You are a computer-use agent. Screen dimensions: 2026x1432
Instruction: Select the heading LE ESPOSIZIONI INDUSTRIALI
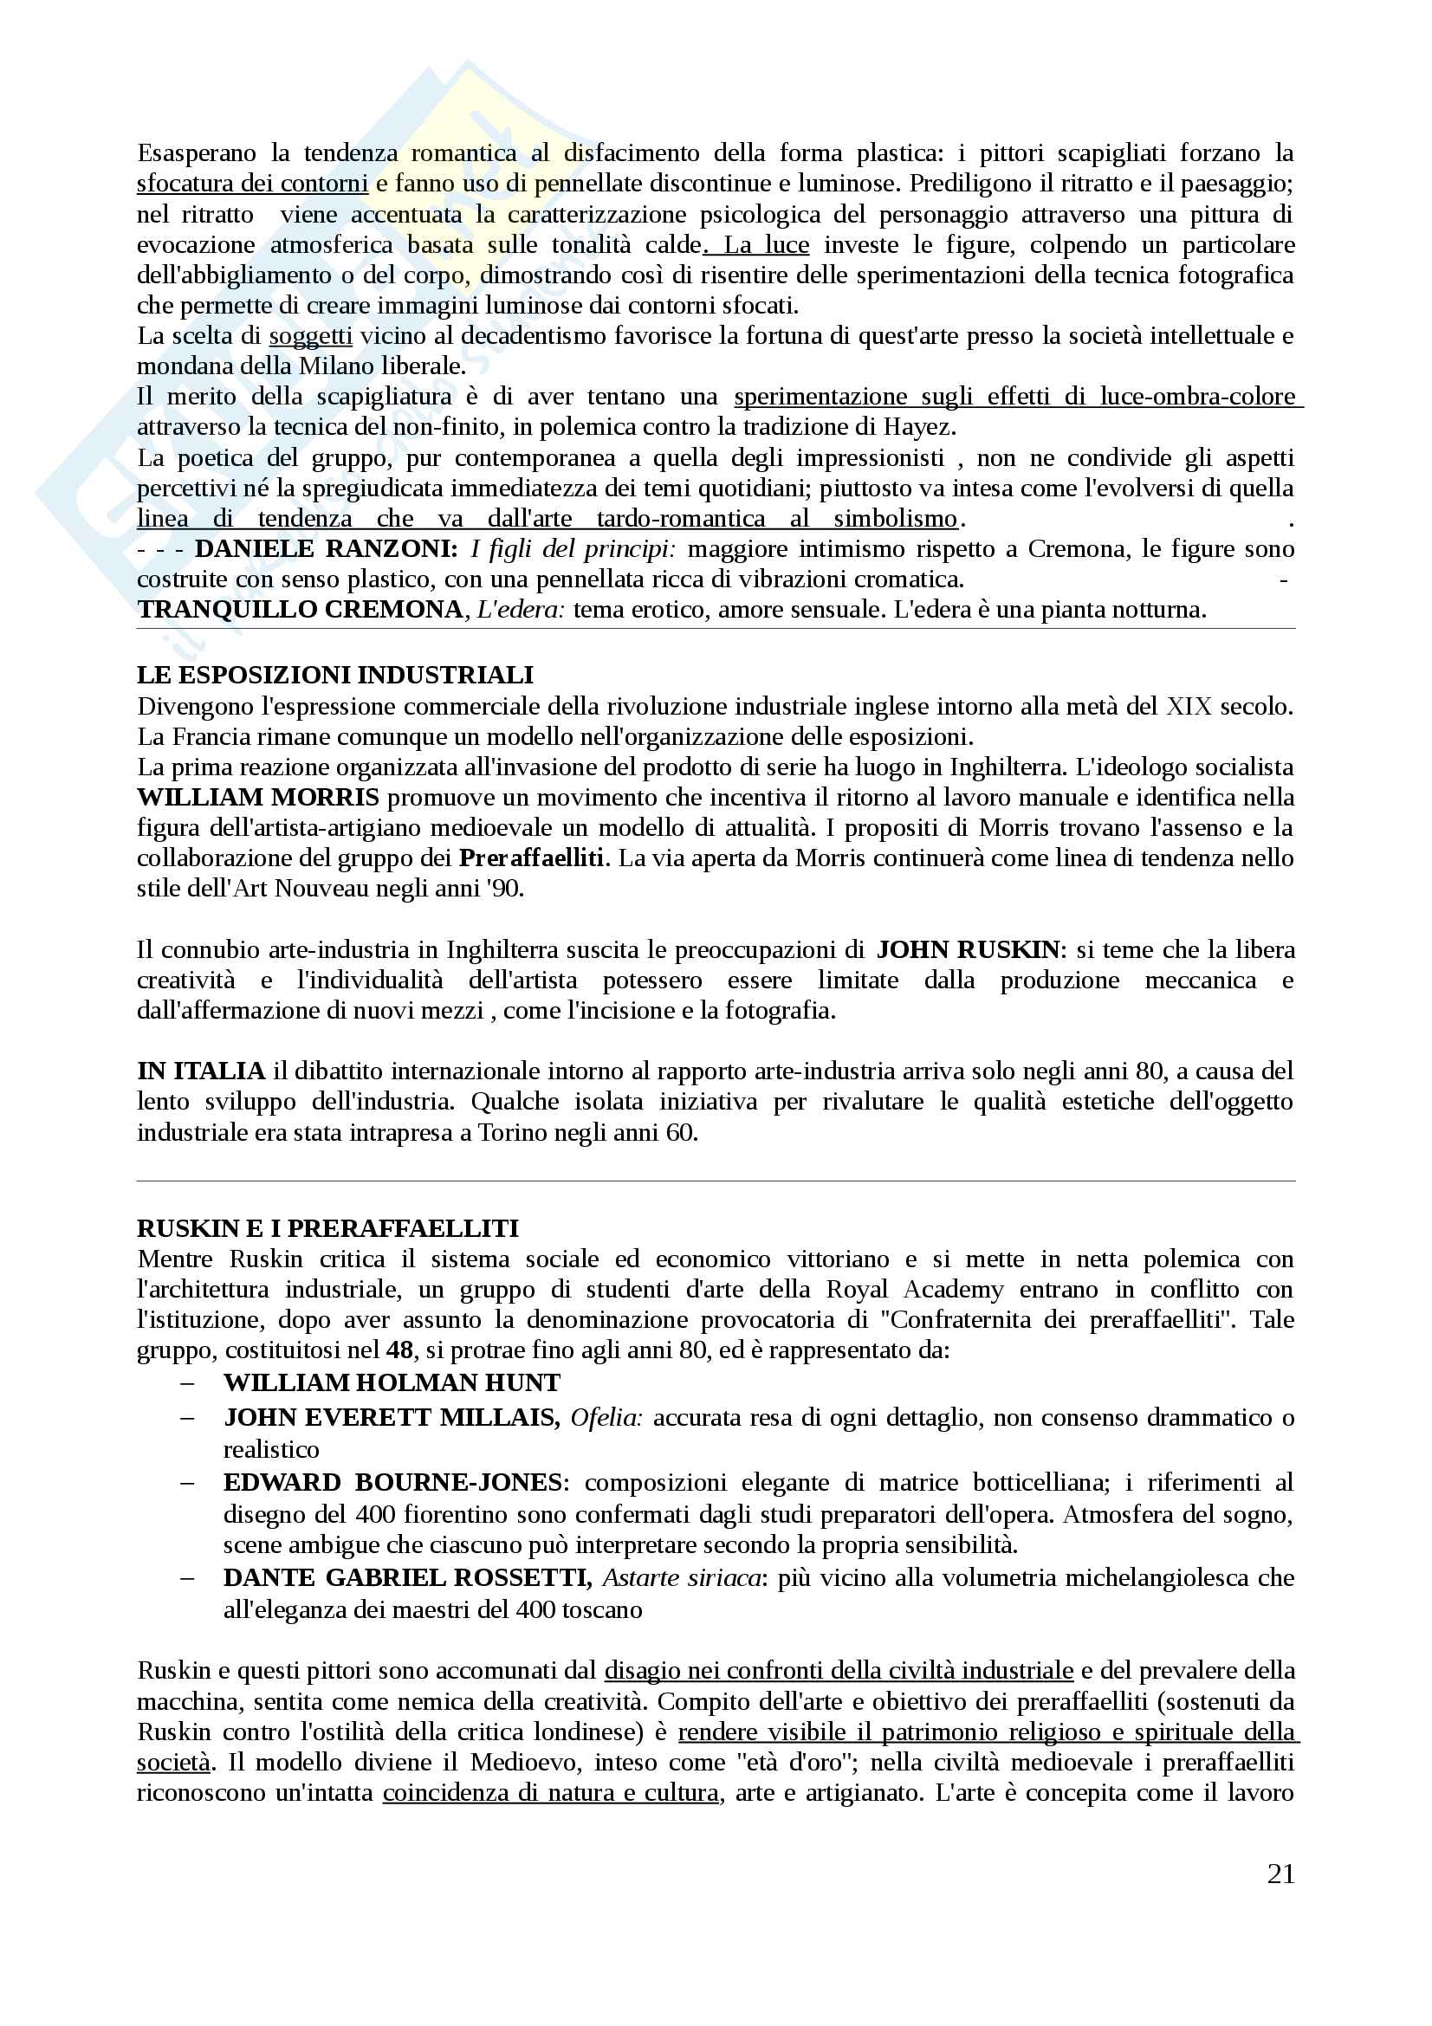(x=335, y=675)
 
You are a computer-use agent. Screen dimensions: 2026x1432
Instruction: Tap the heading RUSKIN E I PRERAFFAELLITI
(x=327, y=1228)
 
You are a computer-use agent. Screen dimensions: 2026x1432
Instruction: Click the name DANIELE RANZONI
(x=326, y=549)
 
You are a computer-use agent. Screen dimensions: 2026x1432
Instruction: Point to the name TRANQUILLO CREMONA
(x=300, y=610)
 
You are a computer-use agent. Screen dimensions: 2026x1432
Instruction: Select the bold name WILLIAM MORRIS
(x=257, y=798)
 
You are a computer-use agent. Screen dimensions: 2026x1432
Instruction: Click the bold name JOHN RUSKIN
(x=967, y=949)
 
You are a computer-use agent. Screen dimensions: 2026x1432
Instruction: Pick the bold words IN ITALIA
(x=201, y=1071)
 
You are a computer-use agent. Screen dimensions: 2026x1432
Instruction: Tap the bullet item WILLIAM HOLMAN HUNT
(x=392, y=1382)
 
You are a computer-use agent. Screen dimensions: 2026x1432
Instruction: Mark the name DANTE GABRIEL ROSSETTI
(x=407, y=1577)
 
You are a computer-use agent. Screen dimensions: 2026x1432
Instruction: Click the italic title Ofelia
(x=606, y=1417)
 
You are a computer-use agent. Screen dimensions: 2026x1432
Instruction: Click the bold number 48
(x=399, y=1350)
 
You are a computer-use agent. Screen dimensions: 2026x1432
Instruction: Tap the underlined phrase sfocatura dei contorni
(x=252, y=184)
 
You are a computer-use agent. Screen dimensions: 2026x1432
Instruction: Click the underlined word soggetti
(x=311, y=336)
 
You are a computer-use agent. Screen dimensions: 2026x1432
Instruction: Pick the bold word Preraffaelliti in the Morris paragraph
(x=531, y=858)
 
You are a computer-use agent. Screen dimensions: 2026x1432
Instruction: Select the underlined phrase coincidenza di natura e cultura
(x=551, y=1793)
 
